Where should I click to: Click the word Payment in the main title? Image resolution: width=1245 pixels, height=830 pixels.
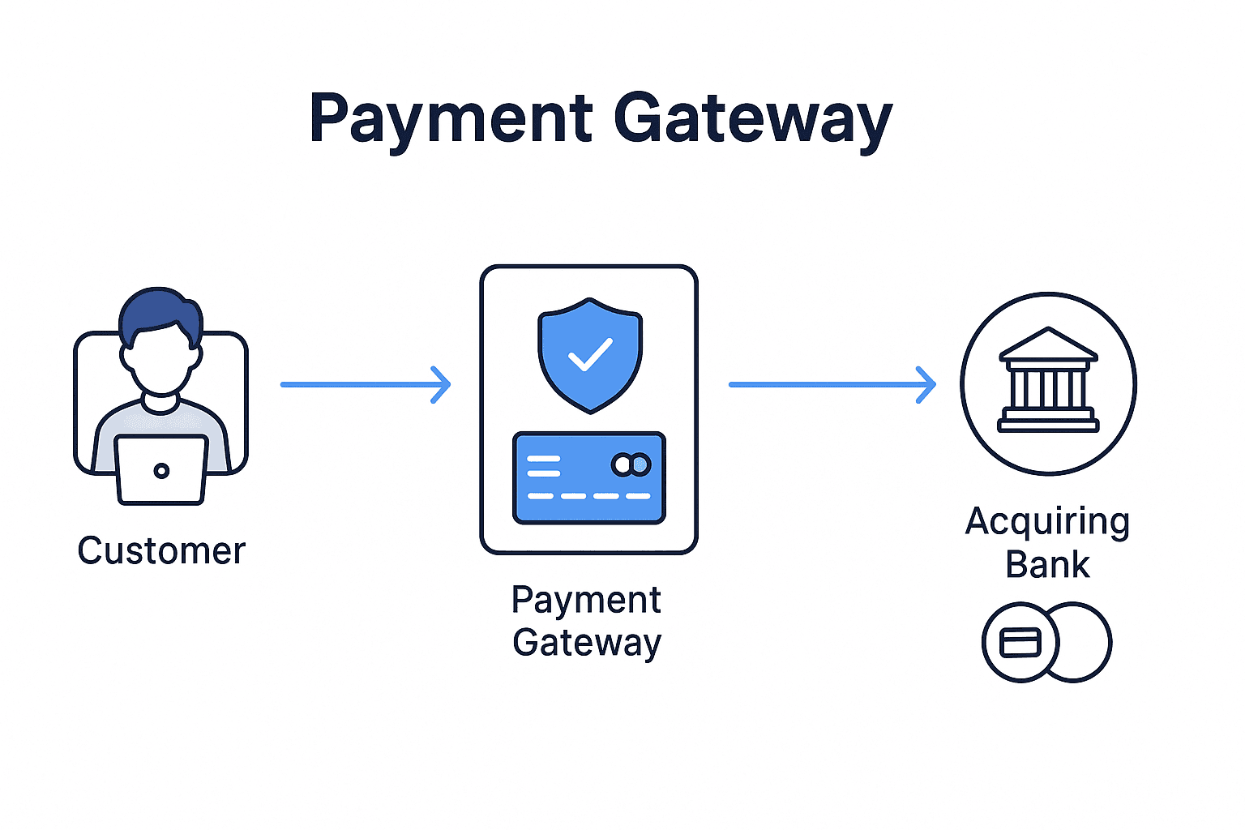coord(451,119)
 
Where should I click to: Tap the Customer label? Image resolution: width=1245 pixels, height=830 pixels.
coord(161,551)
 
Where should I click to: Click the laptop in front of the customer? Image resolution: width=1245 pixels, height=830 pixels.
coord(161,469)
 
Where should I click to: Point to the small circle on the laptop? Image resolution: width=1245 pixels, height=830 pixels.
coord(161,470)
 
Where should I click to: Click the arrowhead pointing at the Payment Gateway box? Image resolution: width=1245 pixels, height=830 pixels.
coord(442,384)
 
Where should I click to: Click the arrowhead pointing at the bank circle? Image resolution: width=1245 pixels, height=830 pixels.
coord(927,384)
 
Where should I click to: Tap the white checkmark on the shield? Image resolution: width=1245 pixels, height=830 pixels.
coord(590,354)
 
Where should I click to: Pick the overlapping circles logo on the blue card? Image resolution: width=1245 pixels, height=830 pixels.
coord(631,464)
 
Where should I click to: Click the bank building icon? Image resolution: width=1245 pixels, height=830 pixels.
coord(1048,381)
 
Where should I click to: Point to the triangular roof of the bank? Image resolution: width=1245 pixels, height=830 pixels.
coord(1048,344)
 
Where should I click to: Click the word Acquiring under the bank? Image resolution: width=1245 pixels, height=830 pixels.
coord(1047,522)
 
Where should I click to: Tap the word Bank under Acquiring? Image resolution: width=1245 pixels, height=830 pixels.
coord(1047,565)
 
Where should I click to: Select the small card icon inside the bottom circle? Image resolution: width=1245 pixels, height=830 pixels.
coord(1020,643)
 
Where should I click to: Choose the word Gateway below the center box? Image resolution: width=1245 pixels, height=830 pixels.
coord(587,643)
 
